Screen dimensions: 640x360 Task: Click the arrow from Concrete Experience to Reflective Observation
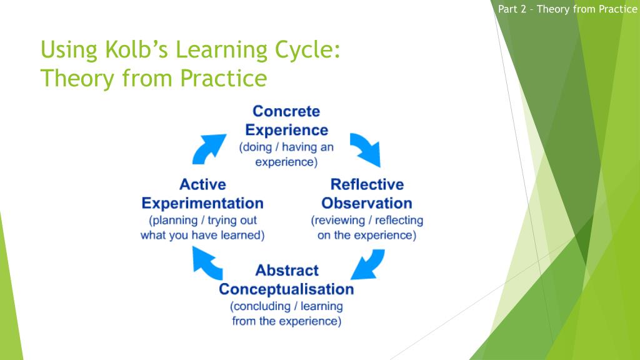[365, 149]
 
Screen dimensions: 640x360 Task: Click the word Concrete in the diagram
[286, 111]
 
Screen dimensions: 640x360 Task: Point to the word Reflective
[367, 184]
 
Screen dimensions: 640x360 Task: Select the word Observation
[367, 203]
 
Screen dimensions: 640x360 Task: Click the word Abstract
[287, 271]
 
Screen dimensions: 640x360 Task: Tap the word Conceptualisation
[286, 289]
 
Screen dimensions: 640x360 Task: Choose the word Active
[202, 184]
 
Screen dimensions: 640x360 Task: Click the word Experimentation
[202, 203]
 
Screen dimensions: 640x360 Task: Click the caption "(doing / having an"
[286, 148]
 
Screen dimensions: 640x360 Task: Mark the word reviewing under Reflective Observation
[342, 221]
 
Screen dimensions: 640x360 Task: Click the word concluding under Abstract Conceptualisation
[262, 307]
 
